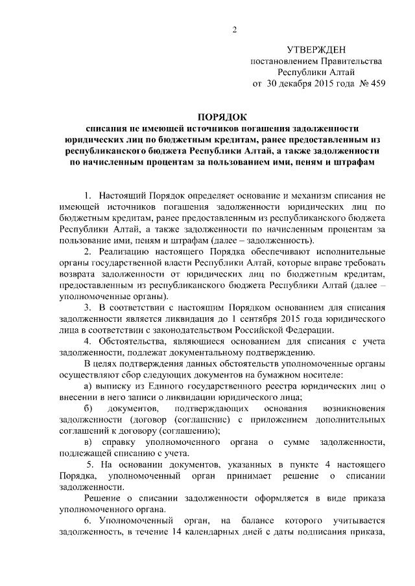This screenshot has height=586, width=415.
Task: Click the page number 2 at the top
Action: point(235,29)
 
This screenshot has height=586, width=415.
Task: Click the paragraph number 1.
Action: point(89,195)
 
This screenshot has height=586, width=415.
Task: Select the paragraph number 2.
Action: point(89,251)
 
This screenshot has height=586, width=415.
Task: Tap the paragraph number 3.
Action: point(89,307)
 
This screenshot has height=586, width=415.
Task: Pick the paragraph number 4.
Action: point(89,341)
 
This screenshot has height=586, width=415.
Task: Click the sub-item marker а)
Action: point(89,387)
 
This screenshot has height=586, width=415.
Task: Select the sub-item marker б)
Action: point(88,409)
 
